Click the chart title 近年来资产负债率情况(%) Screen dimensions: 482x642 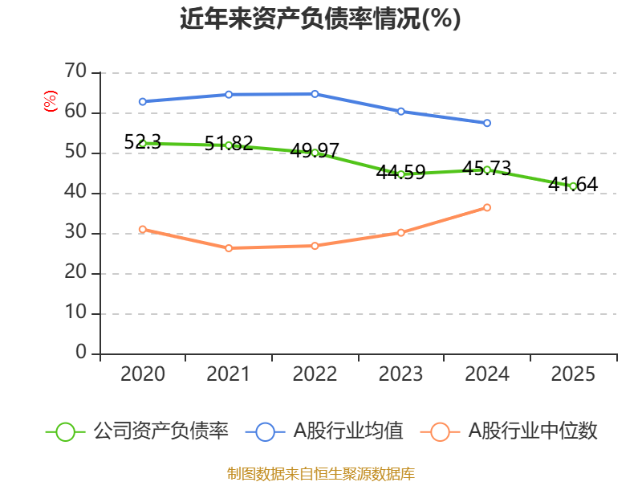click(x=320, y=19)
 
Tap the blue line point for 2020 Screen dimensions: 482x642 click(x=143, y=101)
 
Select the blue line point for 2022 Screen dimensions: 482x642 click(x=315, y=94)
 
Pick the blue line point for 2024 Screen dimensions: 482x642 click(x=487, y=123)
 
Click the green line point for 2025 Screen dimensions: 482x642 click(x=573, y=186)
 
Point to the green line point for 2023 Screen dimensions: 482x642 click(x=401, y=174)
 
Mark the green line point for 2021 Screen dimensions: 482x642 click(x=229, y=145)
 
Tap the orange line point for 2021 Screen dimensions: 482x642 click(x=229, y=247)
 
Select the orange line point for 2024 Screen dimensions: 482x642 click(x=487, y=207)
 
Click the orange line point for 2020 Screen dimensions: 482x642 click(x=143, y=229)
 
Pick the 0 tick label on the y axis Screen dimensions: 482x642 click(x=80, y=353)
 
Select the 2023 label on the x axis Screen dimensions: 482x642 click(x=401, y=374)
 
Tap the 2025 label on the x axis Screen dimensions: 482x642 click(x=573, y=374)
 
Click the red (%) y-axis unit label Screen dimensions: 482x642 click(x=51, y=101)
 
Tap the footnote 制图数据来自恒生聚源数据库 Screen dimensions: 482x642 click(x=320, y=473)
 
